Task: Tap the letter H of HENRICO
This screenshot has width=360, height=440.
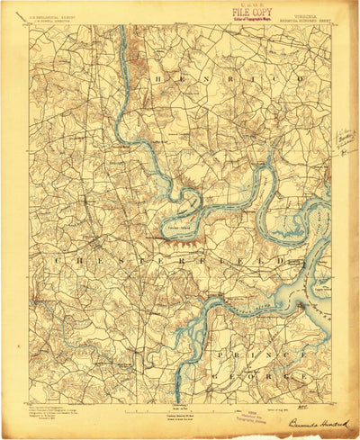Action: click(x=163, y=79)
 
